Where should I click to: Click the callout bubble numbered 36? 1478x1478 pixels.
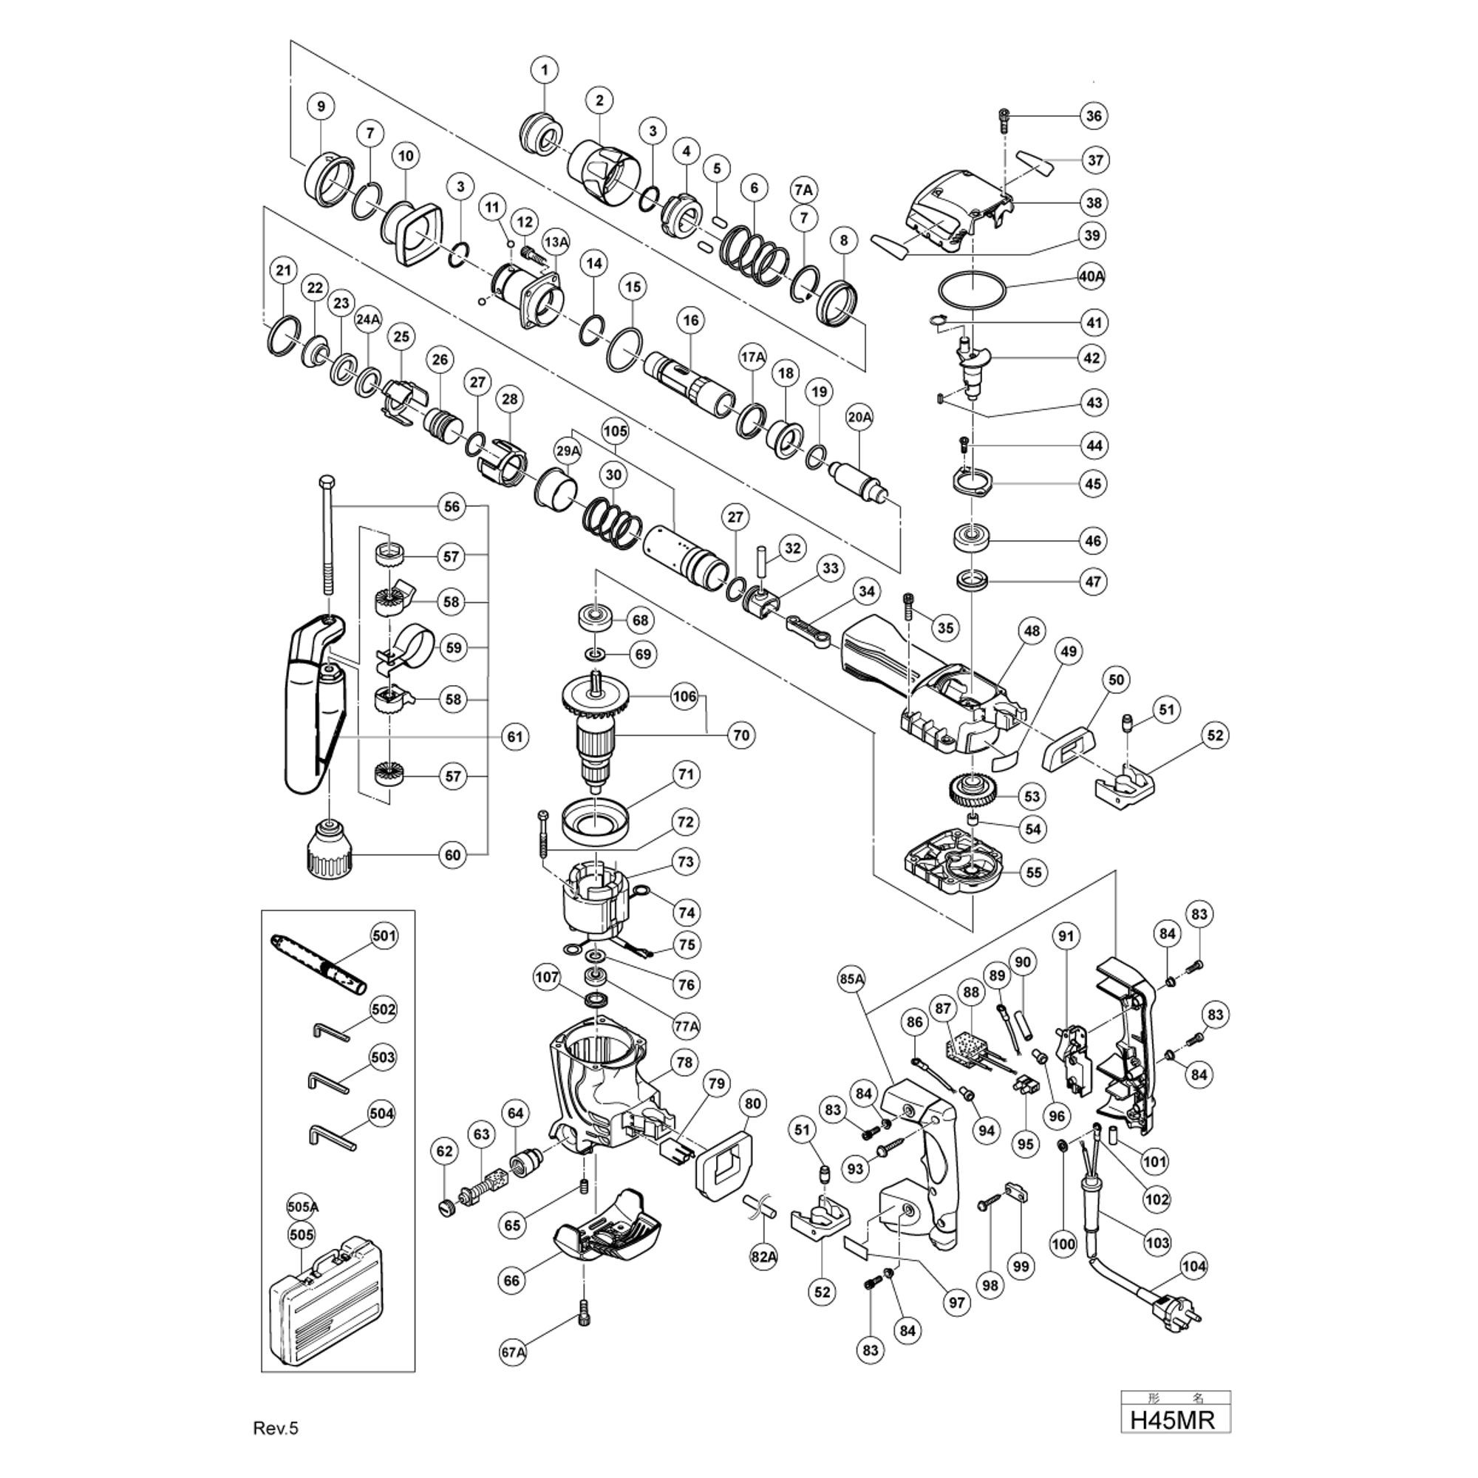[1094, 115]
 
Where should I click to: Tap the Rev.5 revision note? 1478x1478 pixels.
[276, 1429]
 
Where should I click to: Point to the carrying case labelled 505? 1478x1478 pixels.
[326, 1292]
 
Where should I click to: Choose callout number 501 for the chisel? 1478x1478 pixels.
[384, 935]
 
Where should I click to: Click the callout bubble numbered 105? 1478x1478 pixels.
[615, 432]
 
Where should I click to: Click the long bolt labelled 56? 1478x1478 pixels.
[327, 535]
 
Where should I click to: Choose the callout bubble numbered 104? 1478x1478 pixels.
[1193, 1266]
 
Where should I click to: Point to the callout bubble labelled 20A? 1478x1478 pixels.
[859, 417]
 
